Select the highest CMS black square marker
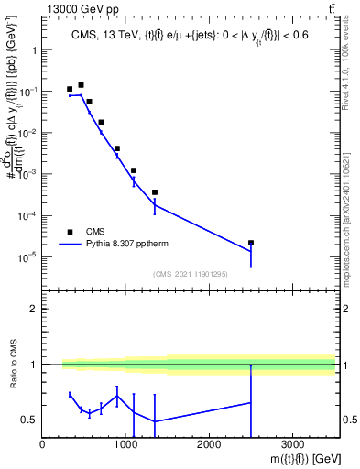[81, 85]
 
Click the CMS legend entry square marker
[70, 232]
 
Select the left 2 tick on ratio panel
[34, 309]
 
